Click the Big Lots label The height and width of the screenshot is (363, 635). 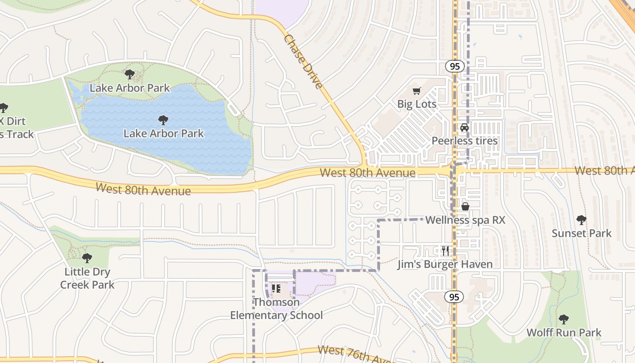416,104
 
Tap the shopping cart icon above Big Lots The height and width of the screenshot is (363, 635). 416,91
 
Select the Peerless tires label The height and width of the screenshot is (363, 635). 464,141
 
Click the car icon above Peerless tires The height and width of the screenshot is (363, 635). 464,128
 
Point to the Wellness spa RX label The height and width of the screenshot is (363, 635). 465,220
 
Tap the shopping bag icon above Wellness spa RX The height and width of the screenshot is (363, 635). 465,207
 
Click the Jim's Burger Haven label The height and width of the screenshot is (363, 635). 444,264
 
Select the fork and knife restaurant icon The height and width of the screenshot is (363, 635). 445,250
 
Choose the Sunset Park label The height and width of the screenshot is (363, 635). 581,233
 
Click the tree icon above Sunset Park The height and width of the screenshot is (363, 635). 581,220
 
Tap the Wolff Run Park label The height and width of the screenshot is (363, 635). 563,333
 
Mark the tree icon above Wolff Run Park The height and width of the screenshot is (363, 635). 563,319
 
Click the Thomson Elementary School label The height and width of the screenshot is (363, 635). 276,309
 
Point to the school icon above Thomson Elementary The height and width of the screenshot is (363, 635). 276,289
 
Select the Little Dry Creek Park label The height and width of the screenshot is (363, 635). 87,278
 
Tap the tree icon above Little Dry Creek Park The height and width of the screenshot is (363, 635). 87,258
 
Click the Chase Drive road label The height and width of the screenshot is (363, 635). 303,62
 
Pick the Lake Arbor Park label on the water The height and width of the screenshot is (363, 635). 163,133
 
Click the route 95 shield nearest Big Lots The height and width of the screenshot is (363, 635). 454,66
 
